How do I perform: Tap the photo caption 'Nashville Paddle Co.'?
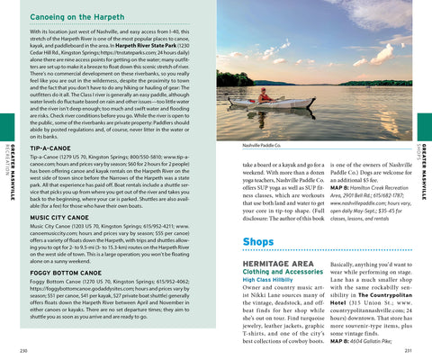click(262, 144)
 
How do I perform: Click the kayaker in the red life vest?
click(264, 93)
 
